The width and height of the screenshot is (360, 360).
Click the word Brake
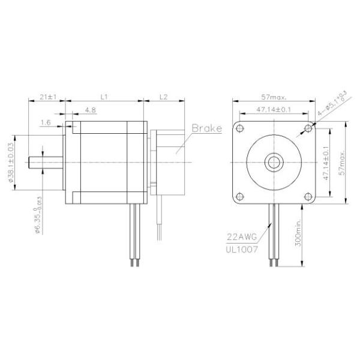[x=207, y=128]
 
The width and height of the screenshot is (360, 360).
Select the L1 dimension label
[x=103, y=96]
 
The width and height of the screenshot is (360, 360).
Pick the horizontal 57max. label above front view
[x=274, y=96]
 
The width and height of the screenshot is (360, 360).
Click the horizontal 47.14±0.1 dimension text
[x=274, y=109]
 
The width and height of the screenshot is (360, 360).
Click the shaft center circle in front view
[x=274, y=161]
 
